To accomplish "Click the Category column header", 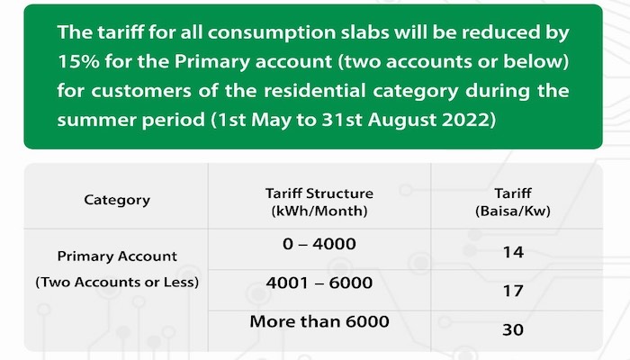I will tap(117, 200).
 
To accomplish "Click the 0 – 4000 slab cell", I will tap(320, 245).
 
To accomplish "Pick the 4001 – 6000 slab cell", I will tap(320, 283).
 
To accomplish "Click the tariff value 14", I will tap(512, 253).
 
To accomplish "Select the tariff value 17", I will tap(512, 291).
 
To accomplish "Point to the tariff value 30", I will tap(512, 329).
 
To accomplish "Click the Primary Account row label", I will tap(117, 256).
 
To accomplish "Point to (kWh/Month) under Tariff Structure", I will tap(320, 209).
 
